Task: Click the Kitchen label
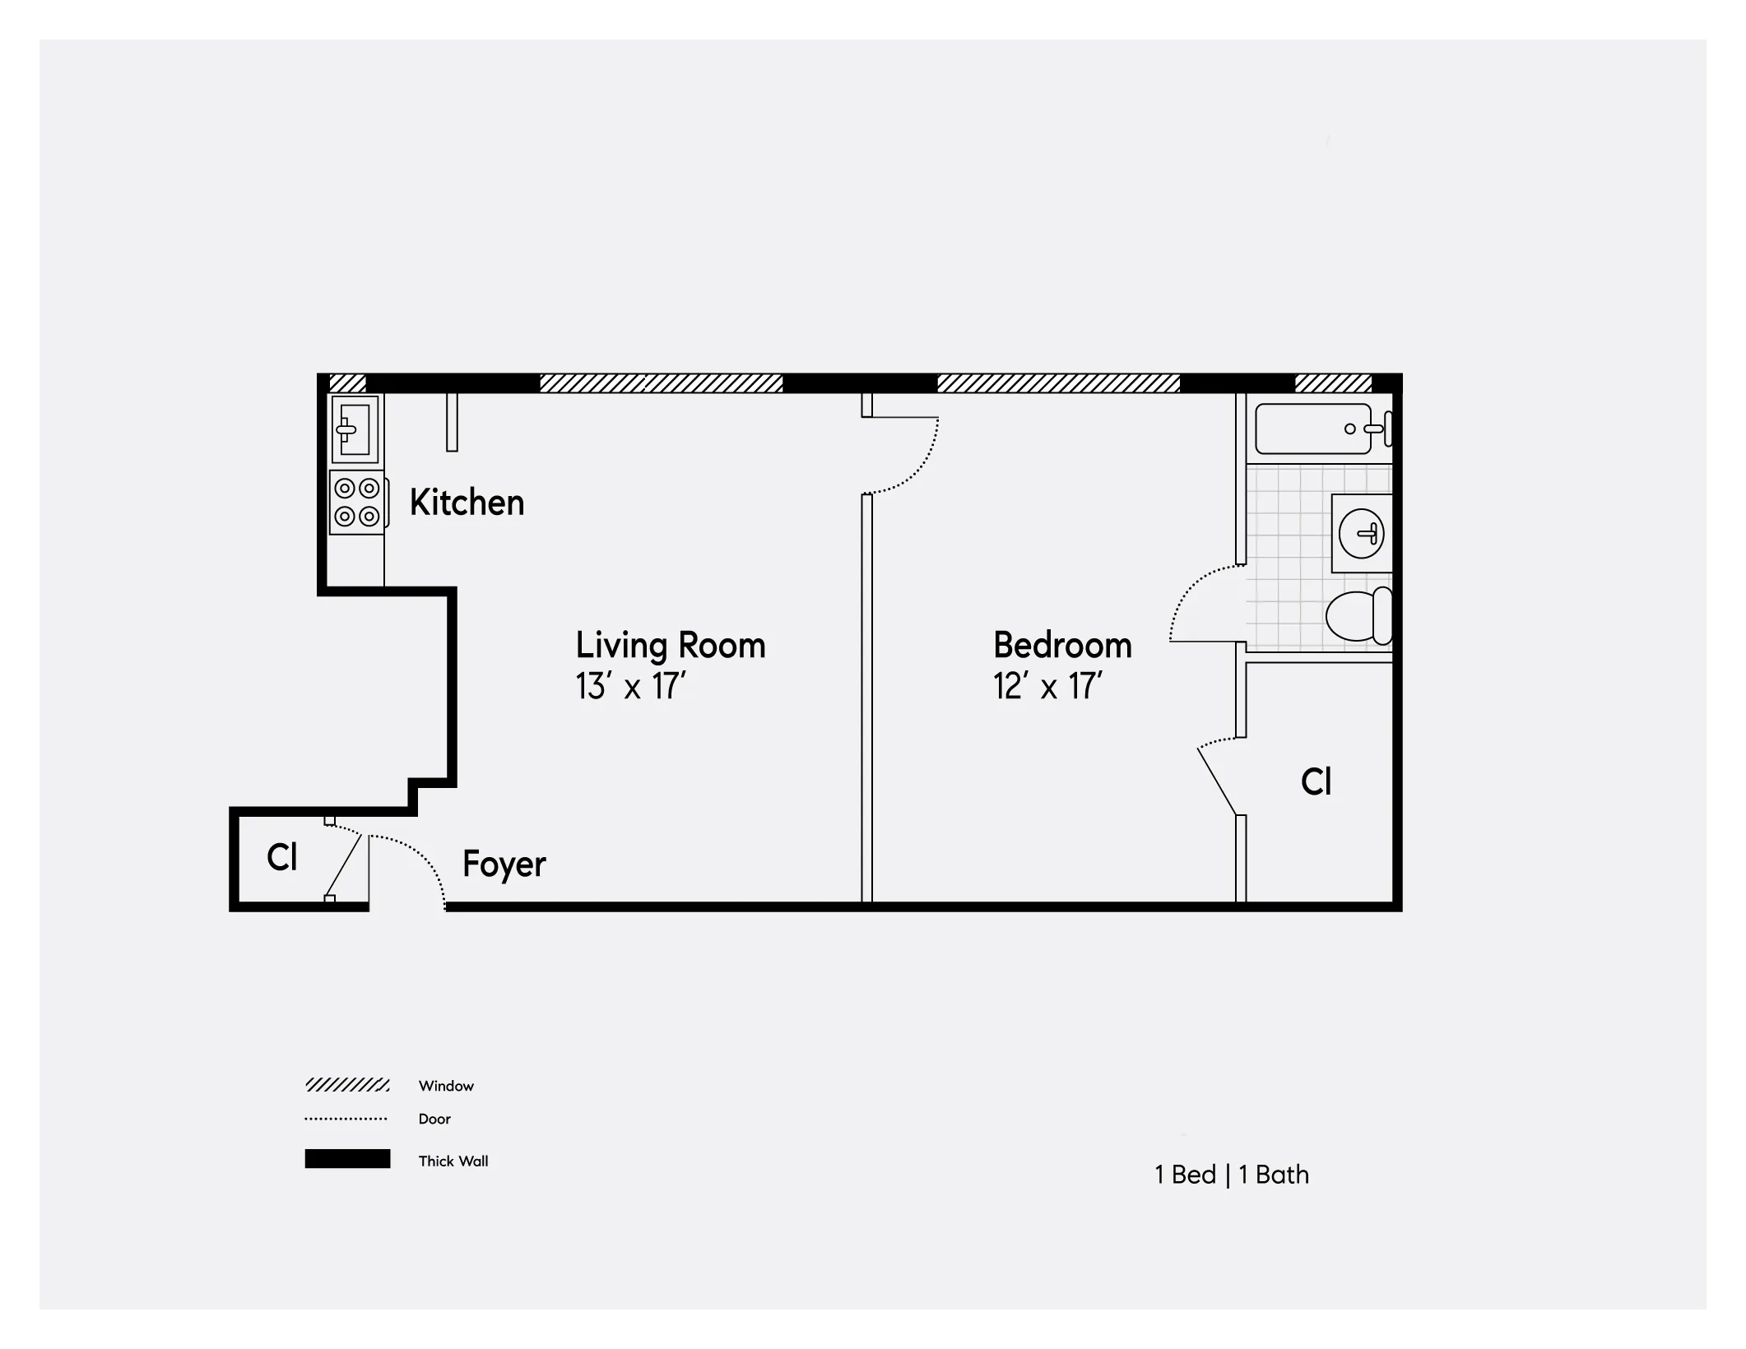pyautogui.click(x=467, y=503)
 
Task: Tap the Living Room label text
pyautogui.click(x=670, y=646)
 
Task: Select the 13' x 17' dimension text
pyautogui.click(x=630, y=686)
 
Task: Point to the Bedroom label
pyautogui.click(x=1061, y=646)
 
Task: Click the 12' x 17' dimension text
pyautogui.click(x=1047, y=686)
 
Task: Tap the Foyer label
pyautogui.click(x=504, y=865)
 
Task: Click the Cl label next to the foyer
pyautogui.click(x=281, y=858)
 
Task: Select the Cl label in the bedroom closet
pyautogui.click(x=1316, y=781)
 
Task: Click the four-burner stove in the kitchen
pyautogui.click(x=357, y=503)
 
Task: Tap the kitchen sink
pyautogui.click(x=355, y=429)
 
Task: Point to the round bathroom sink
pyautogui.click(x=1361, y=533)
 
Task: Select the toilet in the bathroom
pyautogui.click(x=1358, y=616)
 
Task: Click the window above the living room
pyautogui.click(x=661, y=383)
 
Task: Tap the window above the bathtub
pyautogui.click(x=1333, y=383)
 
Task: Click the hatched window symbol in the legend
pyautogui.click(x=346, y=1085)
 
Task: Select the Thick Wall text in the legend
pyautogui.click(x=453, y=1161)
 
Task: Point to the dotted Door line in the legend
pyautogui.click(x=346, y=1119)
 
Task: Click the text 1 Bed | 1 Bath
pyautogui.click(x=1231, y=1175)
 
